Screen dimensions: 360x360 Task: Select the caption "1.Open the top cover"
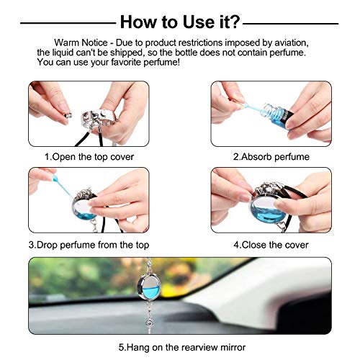(x=89, y=156)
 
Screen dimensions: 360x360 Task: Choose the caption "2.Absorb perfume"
(x=271, y=156)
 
